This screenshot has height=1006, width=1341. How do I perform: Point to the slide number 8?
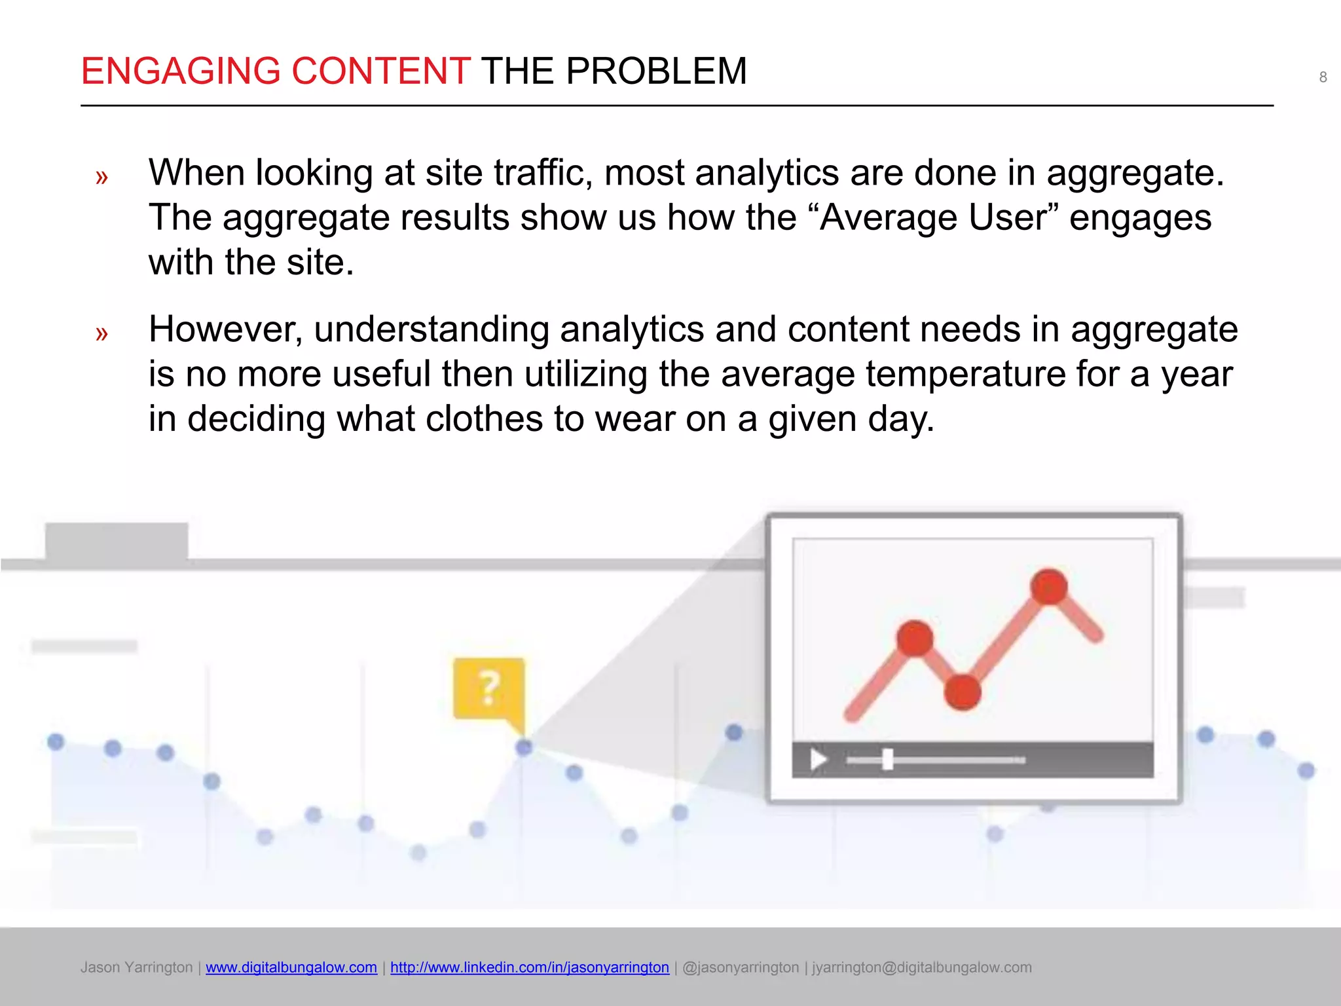[1323, 77]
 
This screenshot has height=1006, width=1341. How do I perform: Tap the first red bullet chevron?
[101, 177]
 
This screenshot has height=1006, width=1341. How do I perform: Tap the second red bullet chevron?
[101, 333]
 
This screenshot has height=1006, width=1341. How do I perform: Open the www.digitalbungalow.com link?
[291, 967]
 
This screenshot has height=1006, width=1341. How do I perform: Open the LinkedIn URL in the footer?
[530, 967]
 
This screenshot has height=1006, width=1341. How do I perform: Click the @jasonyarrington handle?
[741, 967]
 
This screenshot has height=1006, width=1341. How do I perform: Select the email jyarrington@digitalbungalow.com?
[922, 967]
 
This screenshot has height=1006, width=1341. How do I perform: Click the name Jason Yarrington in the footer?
[136, 967]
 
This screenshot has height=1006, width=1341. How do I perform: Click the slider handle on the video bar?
[888, 760]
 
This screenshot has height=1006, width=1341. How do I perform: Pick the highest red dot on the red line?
[1049, 586]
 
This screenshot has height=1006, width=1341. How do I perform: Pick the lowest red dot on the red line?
[963, 692]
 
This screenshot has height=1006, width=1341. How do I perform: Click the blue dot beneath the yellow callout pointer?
[524, 747]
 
